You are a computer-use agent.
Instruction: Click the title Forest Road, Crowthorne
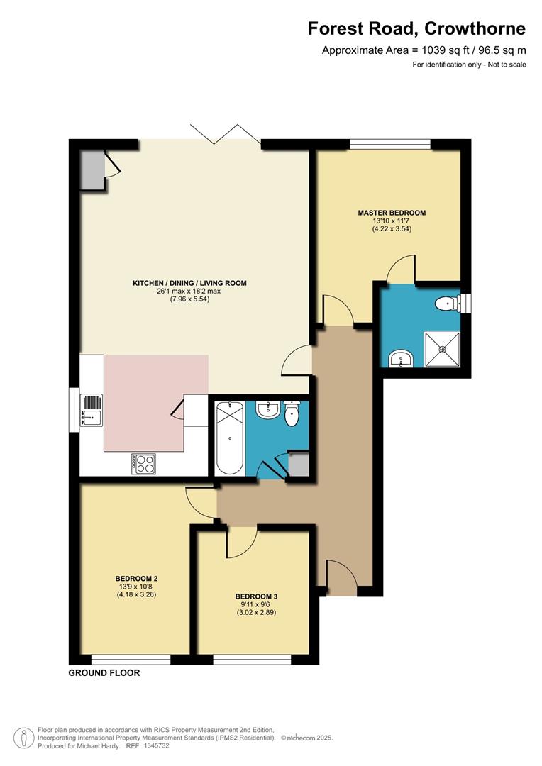pyautogui.click(x=416, y=29)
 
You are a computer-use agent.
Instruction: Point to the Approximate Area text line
pyautogui.click(x=424, y=50)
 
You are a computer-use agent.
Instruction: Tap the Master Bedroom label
pyautogui.click(x=392, y=213)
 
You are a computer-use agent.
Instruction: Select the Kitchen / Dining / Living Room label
pyautogui.click(x=189, y=283)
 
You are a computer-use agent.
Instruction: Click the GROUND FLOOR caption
pyautogui.click(x=104, y=672)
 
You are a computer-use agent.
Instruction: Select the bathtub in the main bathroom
pyautogui.click(x=229, y=438)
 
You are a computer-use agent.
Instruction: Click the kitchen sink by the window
pyautogui.click(x=92, y=409)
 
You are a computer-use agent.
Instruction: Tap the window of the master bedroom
pyautogui.click(x=389, y=144)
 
